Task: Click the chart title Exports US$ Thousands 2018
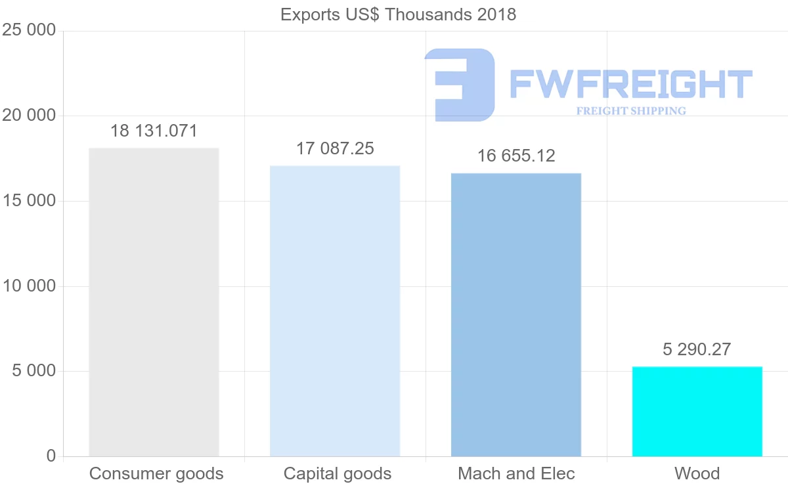398,14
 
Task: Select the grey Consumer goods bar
154,302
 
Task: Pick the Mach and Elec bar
516,315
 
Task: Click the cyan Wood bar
697,411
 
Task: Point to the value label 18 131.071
154,131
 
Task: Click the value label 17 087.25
335,148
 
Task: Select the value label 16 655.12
516,156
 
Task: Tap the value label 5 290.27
697,349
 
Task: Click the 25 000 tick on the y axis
29,31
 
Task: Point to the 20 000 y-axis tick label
29,116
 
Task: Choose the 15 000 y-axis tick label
29,201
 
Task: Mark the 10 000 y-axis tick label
29,286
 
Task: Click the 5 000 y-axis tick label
33,371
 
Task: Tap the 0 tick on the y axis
51,456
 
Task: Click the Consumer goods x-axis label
156,473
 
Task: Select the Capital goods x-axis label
338,473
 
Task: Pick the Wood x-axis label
697,473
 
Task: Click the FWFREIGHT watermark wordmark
630,84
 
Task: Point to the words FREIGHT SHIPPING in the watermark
631,111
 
